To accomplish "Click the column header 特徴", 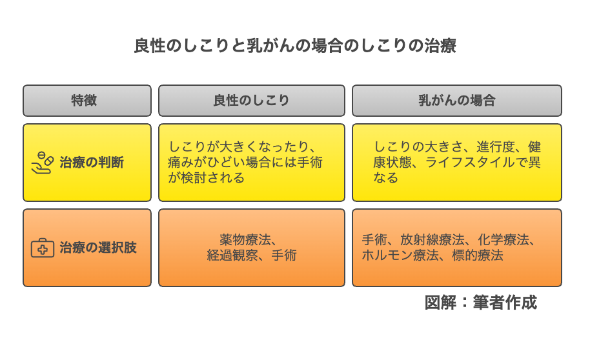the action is point(84,101).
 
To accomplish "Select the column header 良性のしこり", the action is point(251,101).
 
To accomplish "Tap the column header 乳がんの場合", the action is point(457,101).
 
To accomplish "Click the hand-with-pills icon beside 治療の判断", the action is point(42,163).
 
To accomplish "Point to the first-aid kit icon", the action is point(42,248).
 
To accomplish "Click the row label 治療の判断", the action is point(92,163).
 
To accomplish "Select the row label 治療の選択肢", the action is point(98,248).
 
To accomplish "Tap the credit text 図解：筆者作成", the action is point(480,303).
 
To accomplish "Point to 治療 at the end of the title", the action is point(441,46).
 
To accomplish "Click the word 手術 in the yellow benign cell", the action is point(310,162).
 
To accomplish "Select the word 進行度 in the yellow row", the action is point(496,146).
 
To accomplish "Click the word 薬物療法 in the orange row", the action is point(245,239).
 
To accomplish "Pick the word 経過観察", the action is point(232,255).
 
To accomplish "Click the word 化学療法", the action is point(503,239).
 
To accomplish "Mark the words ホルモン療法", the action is point(400,255).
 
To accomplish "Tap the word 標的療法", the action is point(478,255).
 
